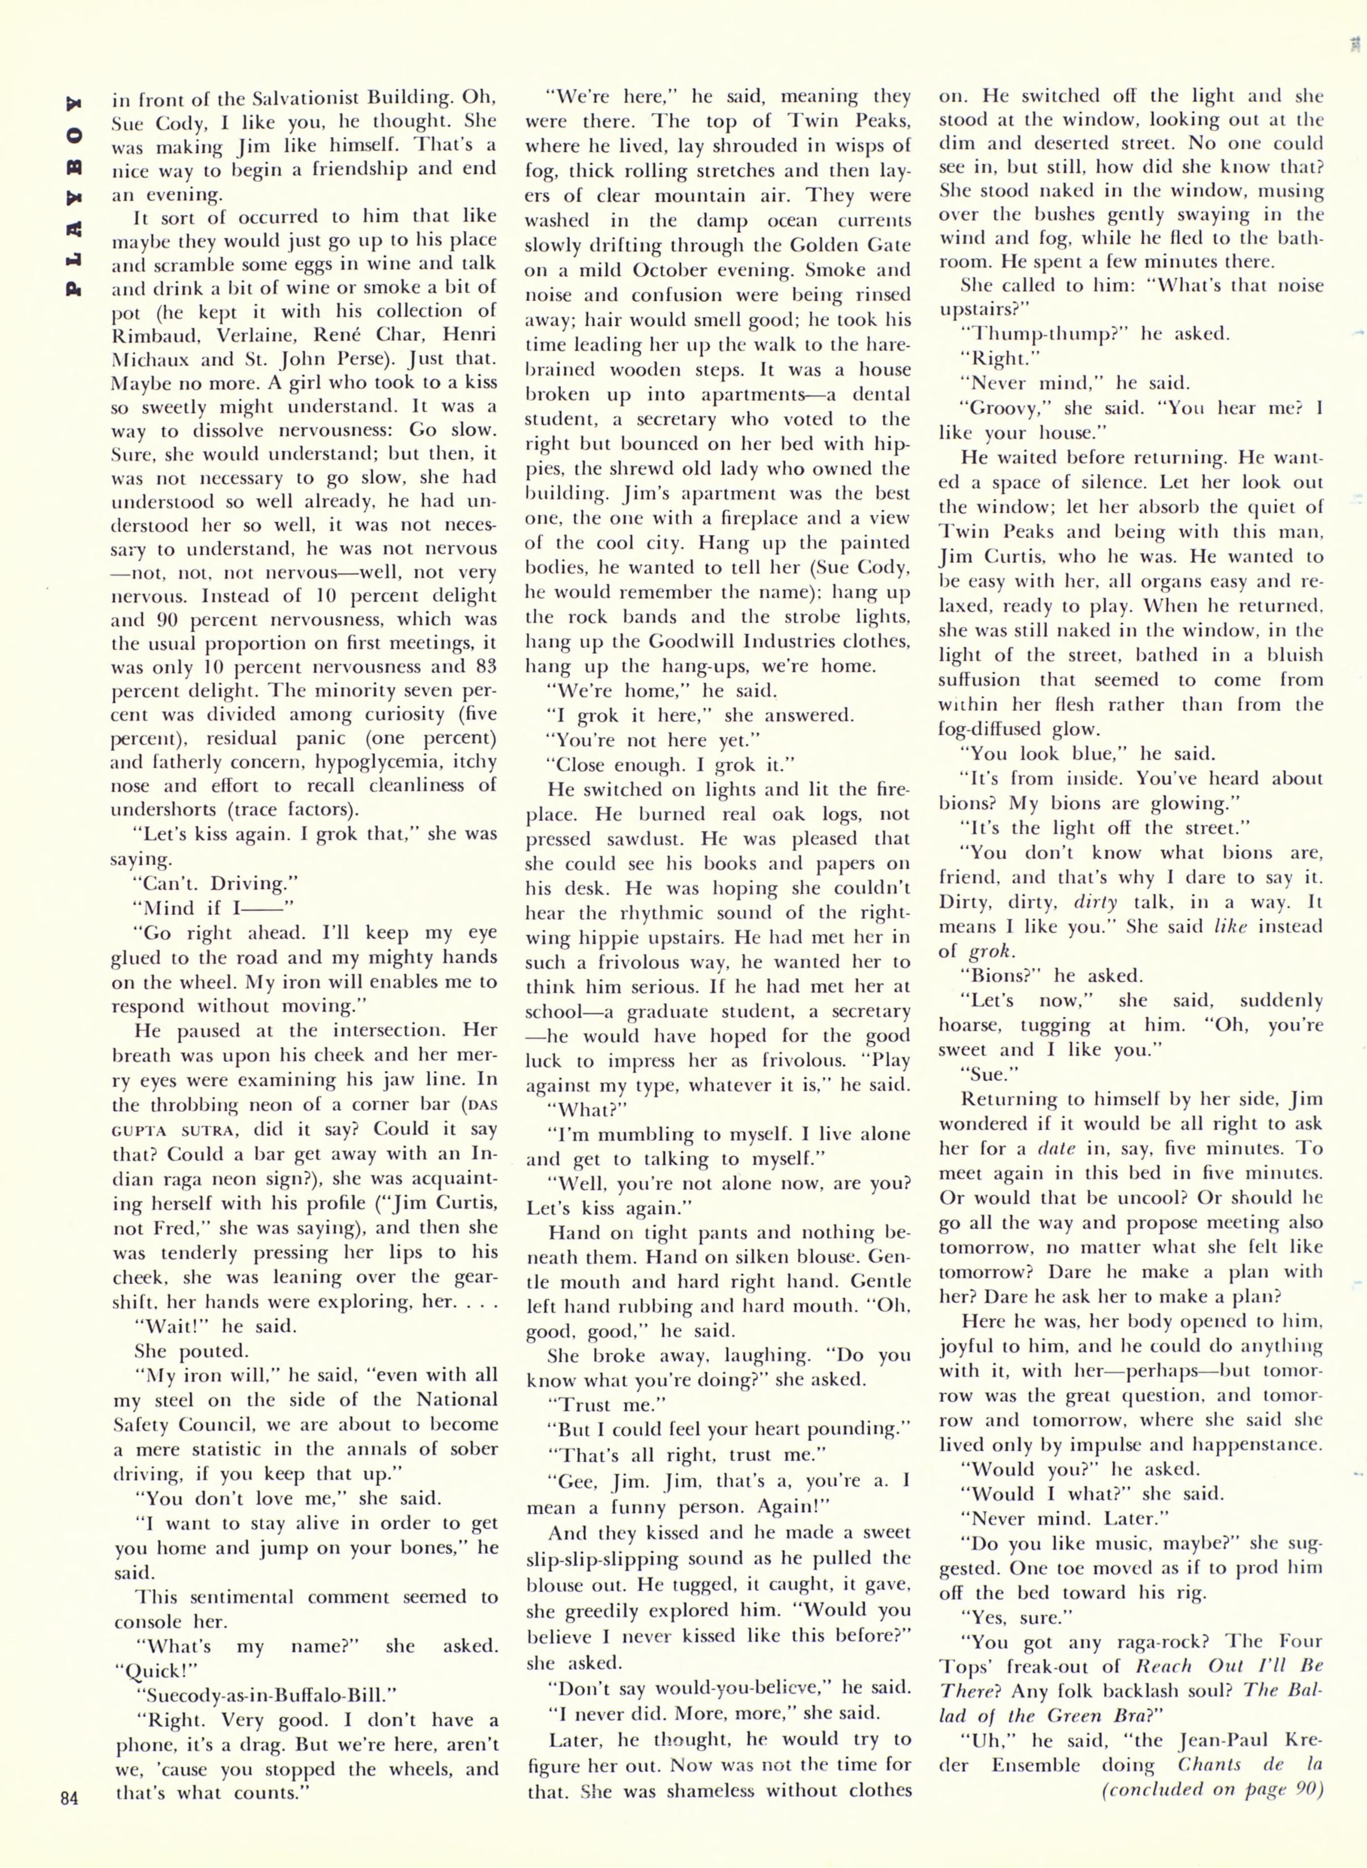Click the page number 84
69,1796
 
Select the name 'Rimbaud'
155,335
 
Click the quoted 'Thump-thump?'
1046,334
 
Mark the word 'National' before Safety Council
456,1400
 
